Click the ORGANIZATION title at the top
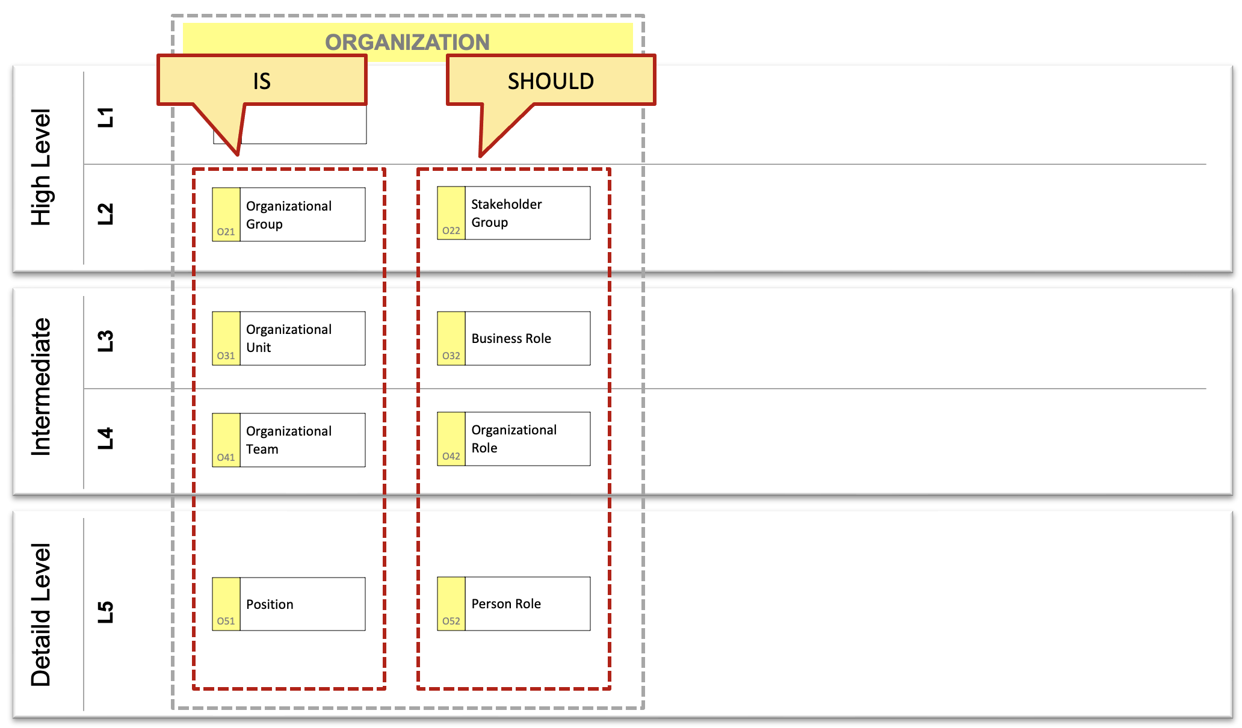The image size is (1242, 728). tap(407, 42)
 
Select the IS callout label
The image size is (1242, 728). tap(262, 81)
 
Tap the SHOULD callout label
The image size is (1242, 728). tap(551, 81)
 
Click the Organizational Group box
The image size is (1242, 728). tap(289, 215)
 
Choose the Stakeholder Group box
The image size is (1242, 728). tap(514, 213)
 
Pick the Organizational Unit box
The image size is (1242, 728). tap(289, 338)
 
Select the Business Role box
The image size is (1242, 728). tap(514, 338)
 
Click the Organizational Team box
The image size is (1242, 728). tap(289, 440)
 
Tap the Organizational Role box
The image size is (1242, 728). tap(514, 439)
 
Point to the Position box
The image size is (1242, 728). tap(289, 604)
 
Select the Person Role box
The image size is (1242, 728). tap(514, 603)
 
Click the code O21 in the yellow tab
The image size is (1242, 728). tap(226, 232)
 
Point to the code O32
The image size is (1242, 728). tap(451, 356)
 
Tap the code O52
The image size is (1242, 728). tap(451, 621)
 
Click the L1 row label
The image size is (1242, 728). tap(105, 117)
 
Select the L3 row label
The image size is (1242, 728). tap(105, 341)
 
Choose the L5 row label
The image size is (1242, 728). tap(105, 612)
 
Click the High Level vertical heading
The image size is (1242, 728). tap(41, 167)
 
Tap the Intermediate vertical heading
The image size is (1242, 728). tap(41, 386)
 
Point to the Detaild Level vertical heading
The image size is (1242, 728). tap(41, 615)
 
